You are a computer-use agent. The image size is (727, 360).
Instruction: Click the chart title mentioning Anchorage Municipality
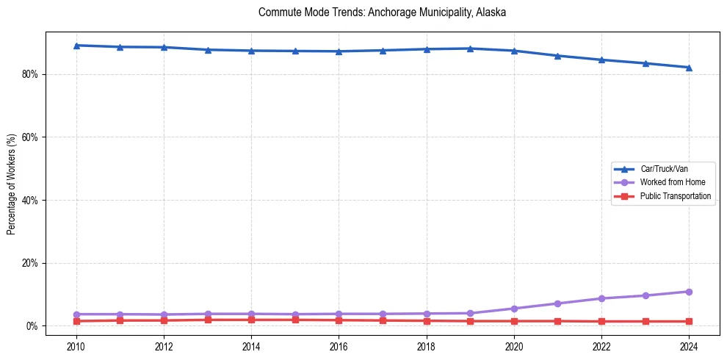pyautogui.click(x=382, y=12)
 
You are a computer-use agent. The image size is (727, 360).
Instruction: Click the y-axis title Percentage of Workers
pyautogui.click(x=12, y=184)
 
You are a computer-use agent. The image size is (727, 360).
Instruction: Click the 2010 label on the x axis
pyautogui.click(x=76, y=346)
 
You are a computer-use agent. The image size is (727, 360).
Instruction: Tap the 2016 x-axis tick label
pyautogui.click(x=339, y=346)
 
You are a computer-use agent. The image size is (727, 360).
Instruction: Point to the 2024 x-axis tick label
pyautogui.click(x=689, y=346)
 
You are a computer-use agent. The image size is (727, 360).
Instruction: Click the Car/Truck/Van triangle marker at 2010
pyautogui.click(x=76, y=46)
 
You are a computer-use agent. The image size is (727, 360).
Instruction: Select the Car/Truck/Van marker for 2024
pyautogui.click(x=689, y=68)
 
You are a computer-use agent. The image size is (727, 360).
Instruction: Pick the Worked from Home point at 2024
pyautogui.click(x=689, y=292)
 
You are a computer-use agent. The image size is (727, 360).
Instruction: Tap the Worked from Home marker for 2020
pyautogui.click(x=514, y=309)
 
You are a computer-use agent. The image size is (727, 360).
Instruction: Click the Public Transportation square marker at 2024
pyautogui.click(x=689, y=321)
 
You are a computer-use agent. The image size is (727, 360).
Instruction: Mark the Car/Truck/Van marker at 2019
pyautogui.click(x=470, y=48)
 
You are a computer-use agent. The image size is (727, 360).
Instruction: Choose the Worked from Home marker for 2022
pyautogui.click(x=601, y=298)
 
